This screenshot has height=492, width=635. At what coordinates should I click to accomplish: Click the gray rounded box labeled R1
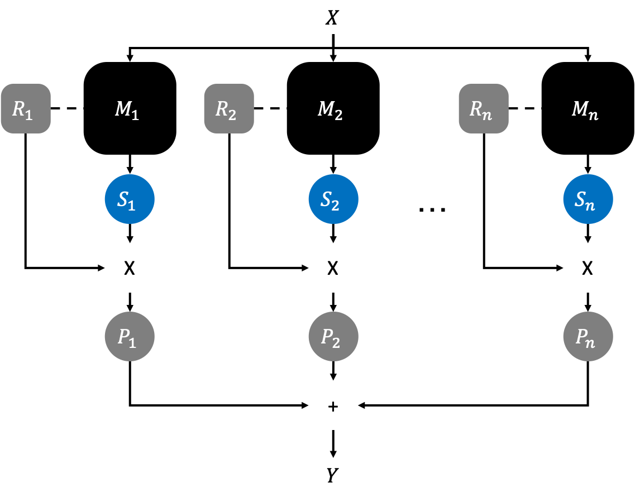point(26,108)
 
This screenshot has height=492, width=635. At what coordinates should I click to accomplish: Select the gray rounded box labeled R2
point(229,108)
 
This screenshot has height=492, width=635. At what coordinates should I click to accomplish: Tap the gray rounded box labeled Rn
point(484,108)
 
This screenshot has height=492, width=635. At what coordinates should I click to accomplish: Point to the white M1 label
point(127,110)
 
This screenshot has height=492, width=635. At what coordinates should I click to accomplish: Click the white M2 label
point(330,110)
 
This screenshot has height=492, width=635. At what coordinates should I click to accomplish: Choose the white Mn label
point(585,110)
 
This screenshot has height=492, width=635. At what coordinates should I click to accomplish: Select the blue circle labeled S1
point(130,199)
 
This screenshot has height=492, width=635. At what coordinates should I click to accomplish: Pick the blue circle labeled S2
point(333,199)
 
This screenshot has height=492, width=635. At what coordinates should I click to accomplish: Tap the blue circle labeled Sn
point(588,199)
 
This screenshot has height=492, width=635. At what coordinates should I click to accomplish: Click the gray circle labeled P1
point(130,337)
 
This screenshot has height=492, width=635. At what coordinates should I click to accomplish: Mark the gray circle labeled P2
point(333,337)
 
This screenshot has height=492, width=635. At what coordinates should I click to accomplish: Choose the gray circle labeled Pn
point(588,337)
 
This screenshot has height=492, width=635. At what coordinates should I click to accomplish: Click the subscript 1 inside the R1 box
point(30,114)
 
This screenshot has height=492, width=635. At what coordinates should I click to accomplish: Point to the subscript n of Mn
point(593,116)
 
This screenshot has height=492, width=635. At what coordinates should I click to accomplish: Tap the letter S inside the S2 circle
point(326,199)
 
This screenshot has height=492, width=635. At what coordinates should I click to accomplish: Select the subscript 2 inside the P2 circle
point(336,342)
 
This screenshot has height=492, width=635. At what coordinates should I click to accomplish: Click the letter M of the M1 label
point(122,109)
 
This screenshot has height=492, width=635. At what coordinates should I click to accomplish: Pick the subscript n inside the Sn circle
point(590,205)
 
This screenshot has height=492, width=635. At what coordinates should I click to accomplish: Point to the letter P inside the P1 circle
point(124,336)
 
